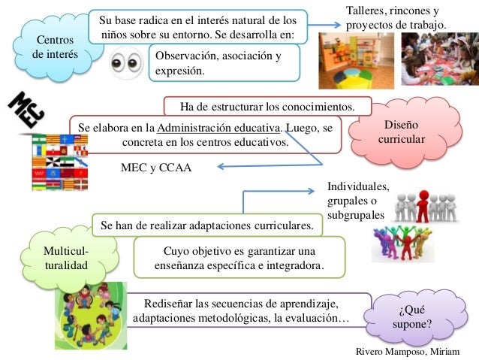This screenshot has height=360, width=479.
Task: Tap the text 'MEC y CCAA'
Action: tap(156, 168)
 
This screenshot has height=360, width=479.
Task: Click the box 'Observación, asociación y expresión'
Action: tap(223, 63)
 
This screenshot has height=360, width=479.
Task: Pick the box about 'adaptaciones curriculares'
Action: tap(210, 225)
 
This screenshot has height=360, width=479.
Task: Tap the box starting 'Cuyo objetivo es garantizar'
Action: tap(238, 258)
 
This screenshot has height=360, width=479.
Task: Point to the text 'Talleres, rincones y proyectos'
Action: tap(396, 18)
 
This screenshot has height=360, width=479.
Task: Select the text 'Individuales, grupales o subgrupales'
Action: tap(359, 201)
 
